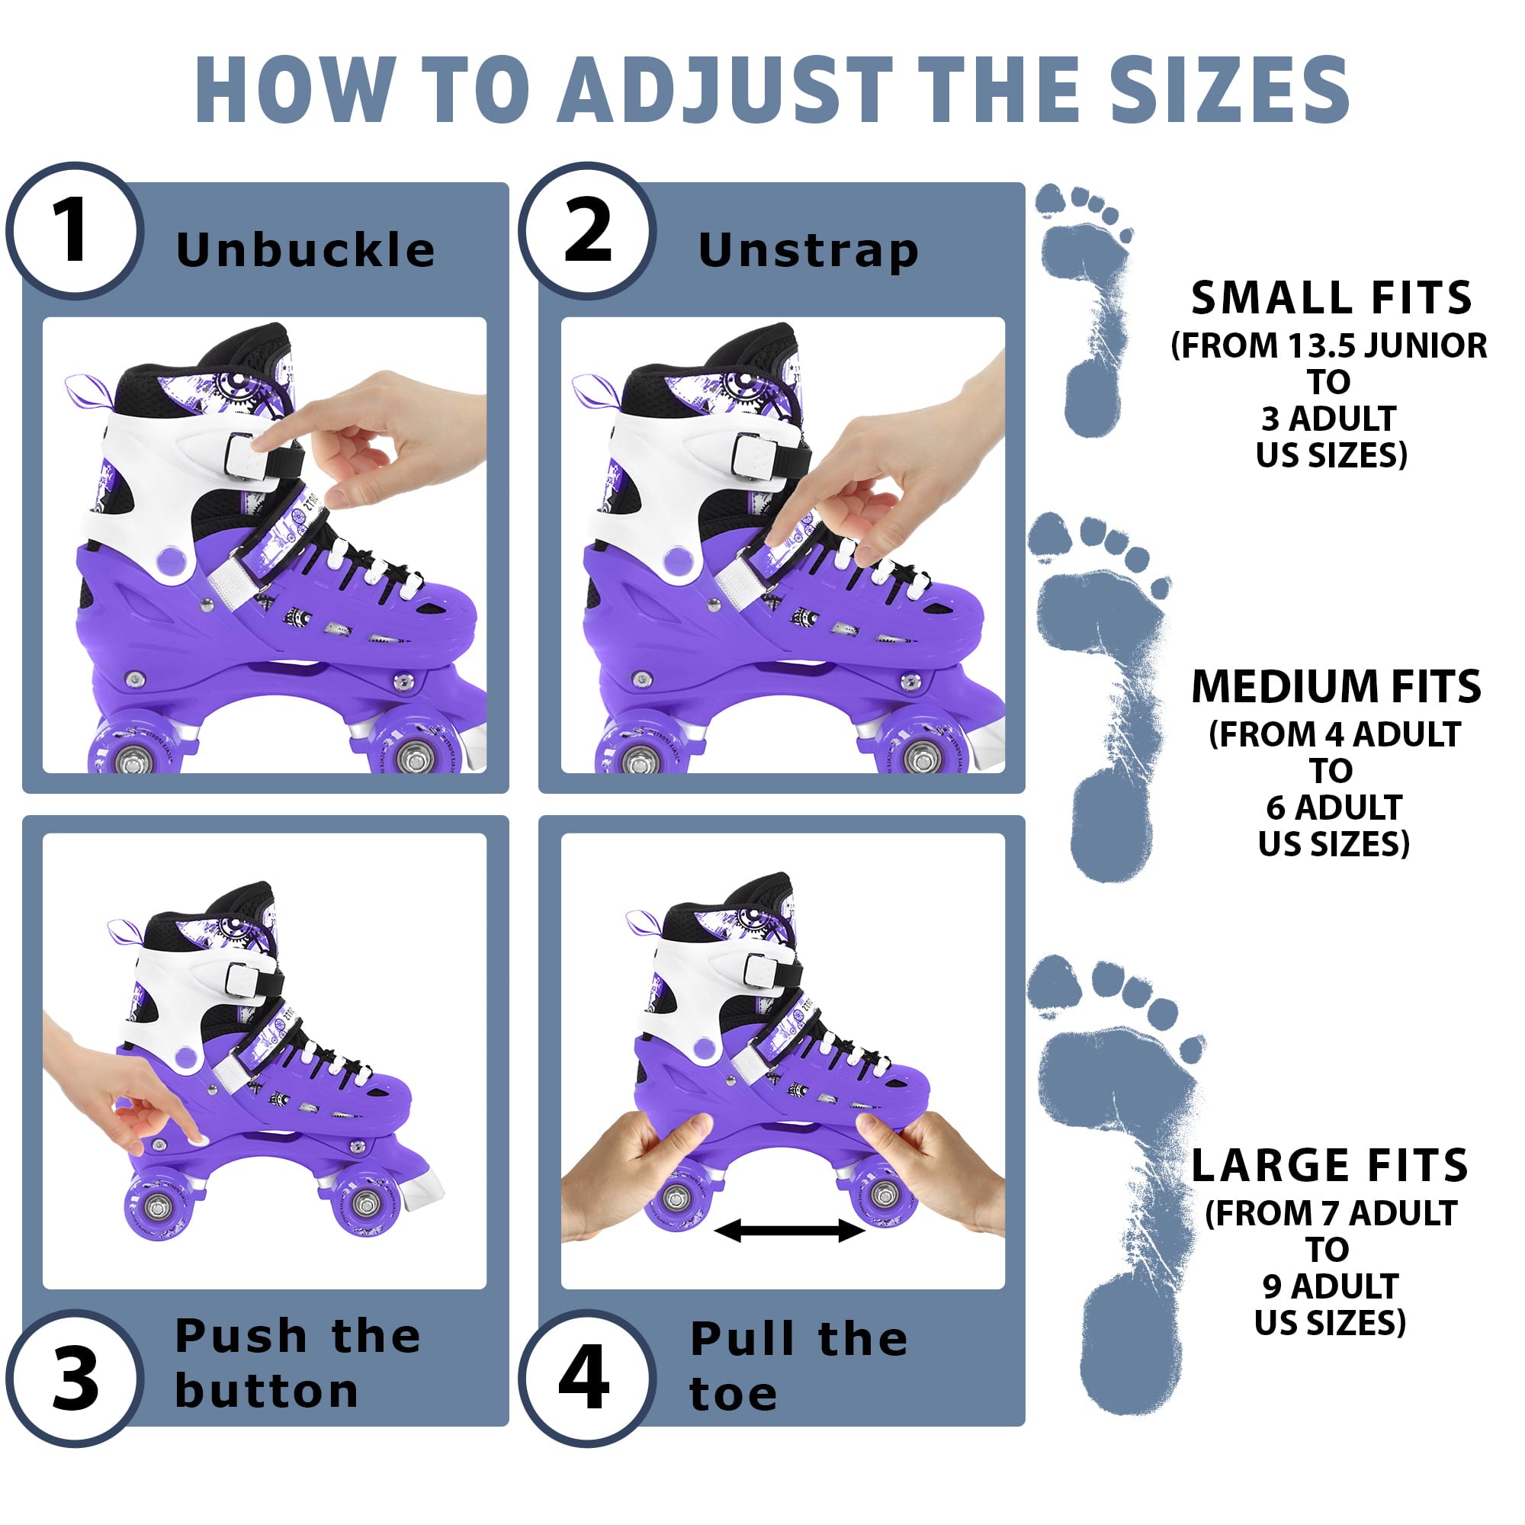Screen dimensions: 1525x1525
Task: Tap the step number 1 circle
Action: tap(74, 230)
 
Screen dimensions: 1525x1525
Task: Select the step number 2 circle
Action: tap(587, 230)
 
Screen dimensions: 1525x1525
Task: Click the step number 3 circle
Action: tap(74, 1380)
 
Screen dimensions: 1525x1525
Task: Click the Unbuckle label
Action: tap(306, 250)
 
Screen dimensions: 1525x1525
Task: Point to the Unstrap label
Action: tap(808, 250)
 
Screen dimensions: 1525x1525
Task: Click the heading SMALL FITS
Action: tap(1331, 298)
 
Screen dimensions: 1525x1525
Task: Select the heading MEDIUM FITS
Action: tap(1336, 687)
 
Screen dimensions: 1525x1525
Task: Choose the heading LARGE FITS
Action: tap(1329, 1167)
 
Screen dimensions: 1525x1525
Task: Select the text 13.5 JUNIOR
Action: tap(1387, 345)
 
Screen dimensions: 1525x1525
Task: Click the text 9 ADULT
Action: tap(1330, 1286)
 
